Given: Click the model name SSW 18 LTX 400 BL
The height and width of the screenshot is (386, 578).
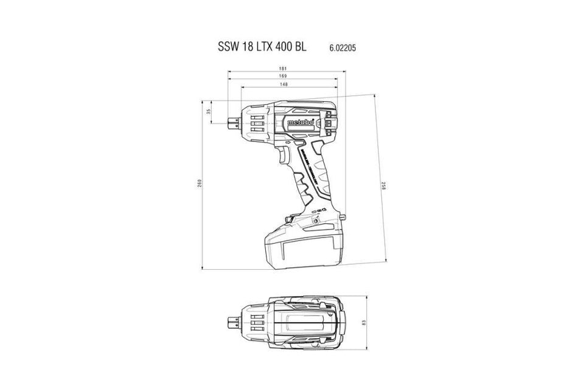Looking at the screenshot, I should click(264, 46).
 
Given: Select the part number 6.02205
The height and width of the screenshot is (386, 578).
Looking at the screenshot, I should click(343, 47).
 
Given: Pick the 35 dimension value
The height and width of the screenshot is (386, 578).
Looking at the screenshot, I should click(209, 111).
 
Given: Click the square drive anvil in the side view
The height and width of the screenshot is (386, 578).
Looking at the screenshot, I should click(234, 121).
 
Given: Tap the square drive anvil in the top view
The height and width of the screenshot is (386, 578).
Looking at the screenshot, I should click(232, 321).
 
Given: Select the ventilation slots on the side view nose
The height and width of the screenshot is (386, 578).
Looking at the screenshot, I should click(255, 121).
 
